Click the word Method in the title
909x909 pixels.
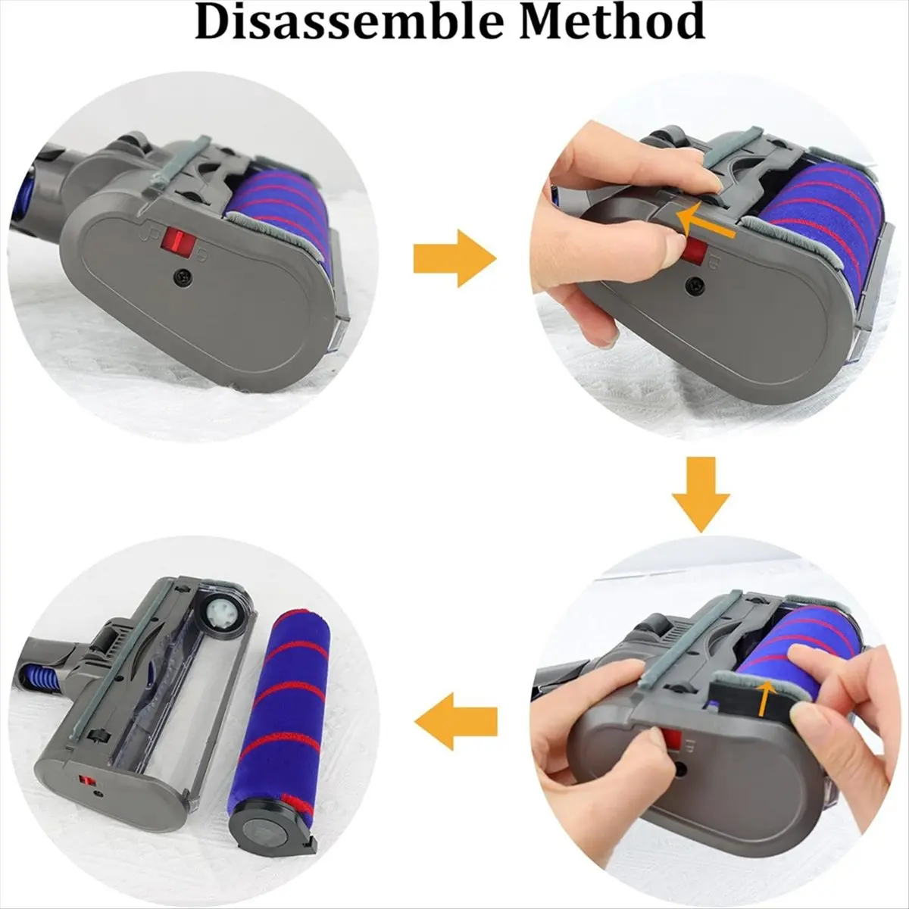click(x=613, y=23)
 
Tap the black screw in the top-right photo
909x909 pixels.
click(x=694, y=286)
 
